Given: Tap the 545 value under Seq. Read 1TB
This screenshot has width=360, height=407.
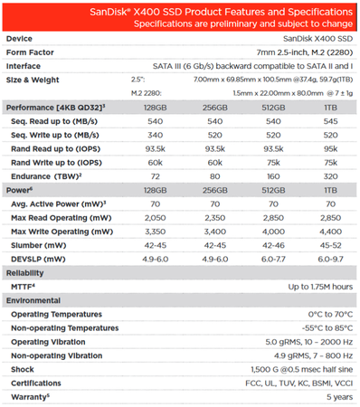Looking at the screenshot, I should click(332, 120).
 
